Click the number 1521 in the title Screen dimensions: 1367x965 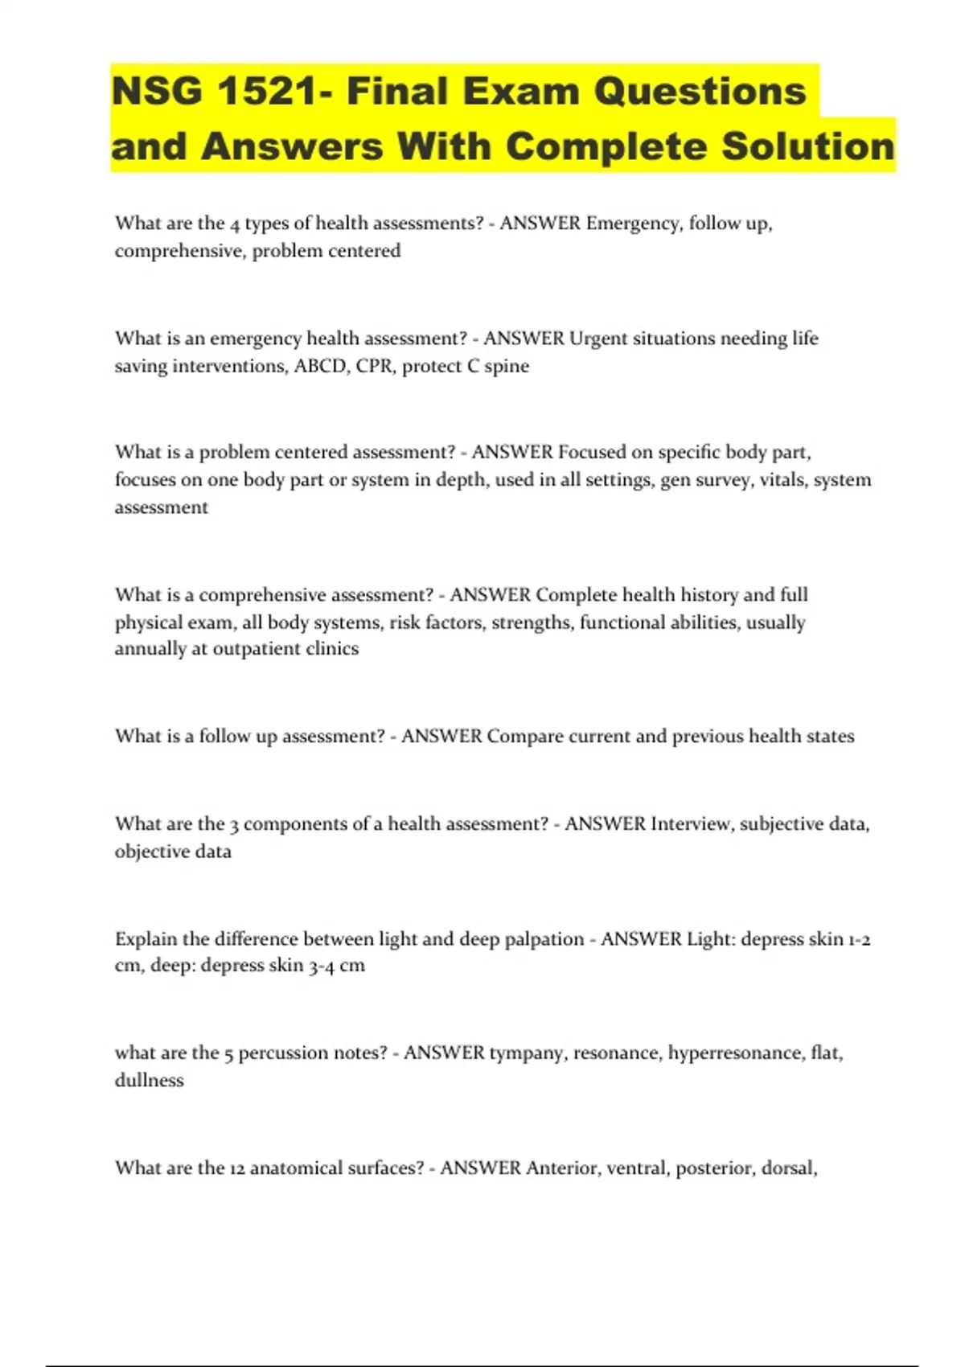[x=269, y=91]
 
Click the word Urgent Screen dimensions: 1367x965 [x=598, y=339]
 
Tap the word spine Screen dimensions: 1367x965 [x=507, y=366]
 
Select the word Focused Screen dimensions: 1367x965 [x=592, y=452]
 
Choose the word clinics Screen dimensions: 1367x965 [x=332, y=649]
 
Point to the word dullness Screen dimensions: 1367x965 [x=149, y=1080]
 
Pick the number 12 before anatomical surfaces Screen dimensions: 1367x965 [x=237, y=1168]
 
